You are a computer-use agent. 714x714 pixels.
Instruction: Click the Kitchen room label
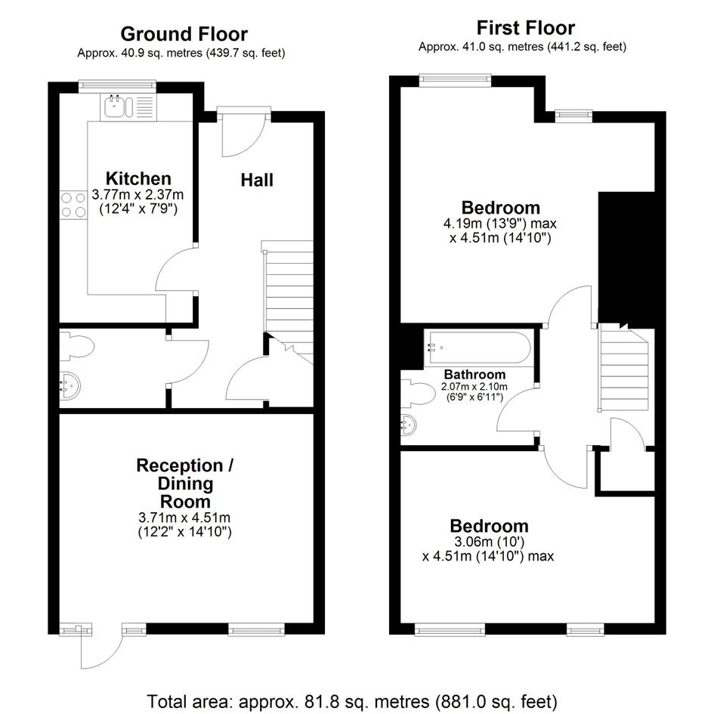138,178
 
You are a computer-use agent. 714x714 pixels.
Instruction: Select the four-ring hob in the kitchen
73,205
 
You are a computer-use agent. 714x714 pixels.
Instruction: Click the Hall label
257,181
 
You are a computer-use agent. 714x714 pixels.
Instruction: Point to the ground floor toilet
77,345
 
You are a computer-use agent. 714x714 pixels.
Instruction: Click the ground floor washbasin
70,385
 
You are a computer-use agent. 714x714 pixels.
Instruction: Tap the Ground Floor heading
184,34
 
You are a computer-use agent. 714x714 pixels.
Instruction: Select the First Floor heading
525,28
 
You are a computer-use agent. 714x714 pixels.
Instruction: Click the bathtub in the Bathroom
478,348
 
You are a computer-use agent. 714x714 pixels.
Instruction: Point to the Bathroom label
474,375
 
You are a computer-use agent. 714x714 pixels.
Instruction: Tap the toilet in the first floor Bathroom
418,394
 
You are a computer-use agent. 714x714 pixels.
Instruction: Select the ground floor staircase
288,301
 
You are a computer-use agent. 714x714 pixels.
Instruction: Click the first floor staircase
624,367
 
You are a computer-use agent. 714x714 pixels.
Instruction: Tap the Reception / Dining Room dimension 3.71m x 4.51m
184,518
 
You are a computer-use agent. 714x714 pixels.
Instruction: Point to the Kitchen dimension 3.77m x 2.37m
138,195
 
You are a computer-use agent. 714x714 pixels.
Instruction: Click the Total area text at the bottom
352,702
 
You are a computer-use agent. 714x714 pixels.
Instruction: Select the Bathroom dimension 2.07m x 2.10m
474,387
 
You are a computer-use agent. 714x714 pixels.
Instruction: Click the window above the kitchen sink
117,85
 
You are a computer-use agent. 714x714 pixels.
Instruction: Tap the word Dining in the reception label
185,484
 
